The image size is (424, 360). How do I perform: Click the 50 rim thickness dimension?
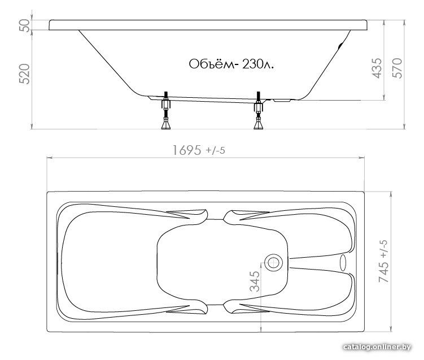[x=25, y=25]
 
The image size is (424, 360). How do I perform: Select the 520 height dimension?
[x=24, y=74]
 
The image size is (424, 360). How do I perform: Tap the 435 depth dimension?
[x=378, y=68]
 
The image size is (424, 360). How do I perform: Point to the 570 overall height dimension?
[x=397, y=68]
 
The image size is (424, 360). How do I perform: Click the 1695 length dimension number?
[x=187, y=150]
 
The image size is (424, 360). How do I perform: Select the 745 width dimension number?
[x=384, y=272]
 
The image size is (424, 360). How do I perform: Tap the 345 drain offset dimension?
[x=255, y=281]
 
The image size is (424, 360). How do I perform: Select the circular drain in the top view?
[x=273, y=263]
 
